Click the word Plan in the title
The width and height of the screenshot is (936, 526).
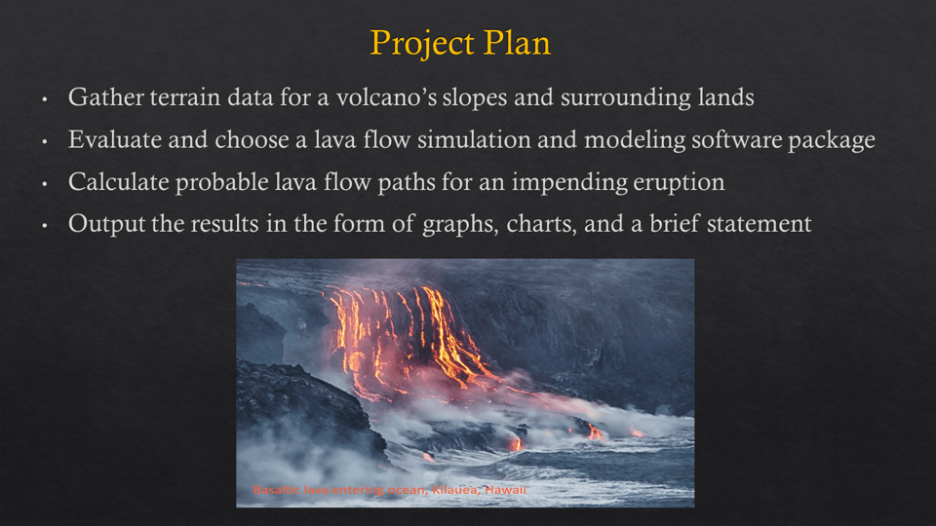(517, 43)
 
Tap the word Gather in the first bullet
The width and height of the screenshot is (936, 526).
(105, 97)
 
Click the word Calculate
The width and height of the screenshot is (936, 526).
(119, 182)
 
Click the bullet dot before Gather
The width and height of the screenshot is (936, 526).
(45, 98)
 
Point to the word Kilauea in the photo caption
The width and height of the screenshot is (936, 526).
(455, 490)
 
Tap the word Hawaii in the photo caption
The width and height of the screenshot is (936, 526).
(506, 490)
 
